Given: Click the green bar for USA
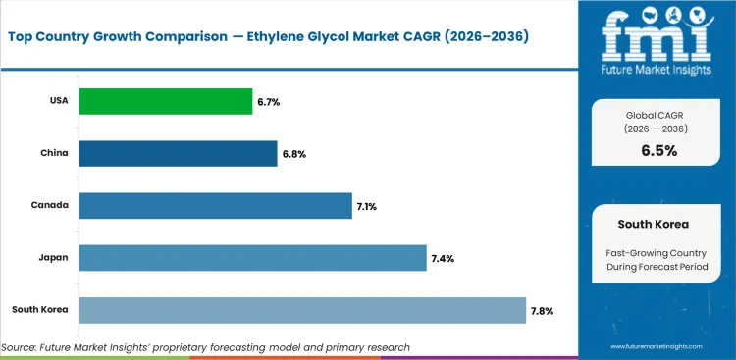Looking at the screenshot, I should tap(165, 101).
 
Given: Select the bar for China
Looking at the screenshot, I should tap(178, 153).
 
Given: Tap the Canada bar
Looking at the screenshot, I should tap(215, 206).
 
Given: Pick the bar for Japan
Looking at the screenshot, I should tap(252, 258).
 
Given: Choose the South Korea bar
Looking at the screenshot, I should tap(302, 310).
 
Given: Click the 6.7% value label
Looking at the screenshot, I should tap(268, 101).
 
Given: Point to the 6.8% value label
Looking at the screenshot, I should tap(293, 154).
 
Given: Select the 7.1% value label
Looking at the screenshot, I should tap(368, 206).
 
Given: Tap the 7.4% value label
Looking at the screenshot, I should tap(442, 259).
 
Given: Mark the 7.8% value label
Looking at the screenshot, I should tap(542, 311).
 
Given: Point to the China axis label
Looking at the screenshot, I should tap(53, 153).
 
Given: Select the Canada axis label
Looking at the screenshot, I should tap(49, 205).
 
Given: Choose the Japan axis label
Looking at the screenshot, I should tap(53, 258).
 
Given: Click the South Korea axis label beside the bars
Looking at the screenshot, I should tap(40, 310).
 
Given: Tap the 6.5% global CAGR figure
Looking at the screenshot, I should tap(658, 150).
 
